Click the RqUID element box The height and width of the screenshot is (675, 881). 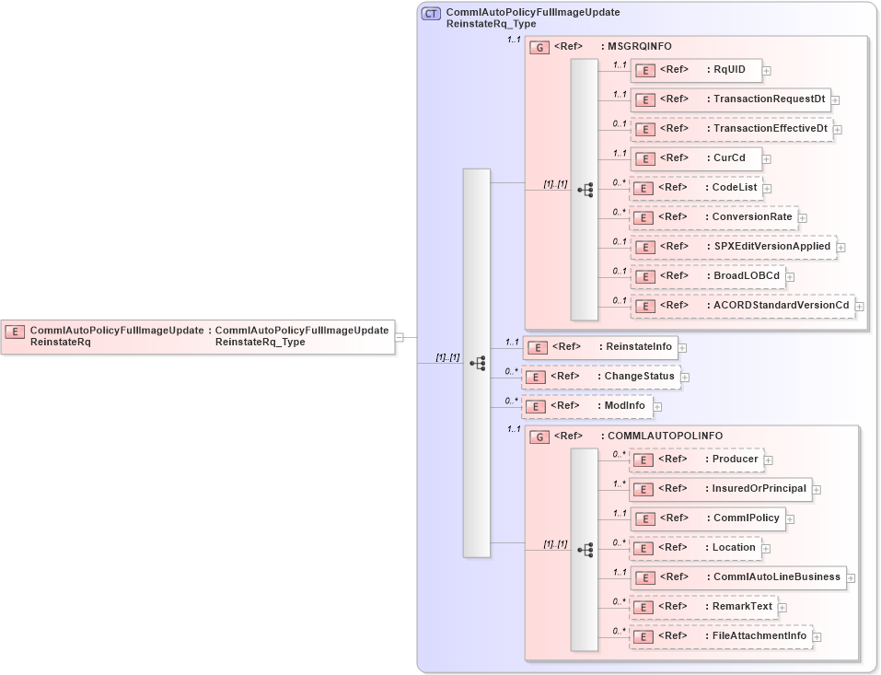click(695, 70)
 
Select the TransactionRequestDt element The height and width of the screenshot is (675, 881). click(730, 99)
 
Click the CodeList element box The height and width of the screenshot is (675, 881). click(695, 188)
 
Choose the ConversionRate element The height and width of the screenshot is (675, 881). click(713, 217)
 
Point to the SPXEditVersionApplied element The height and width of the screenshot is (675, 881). click(732, 247)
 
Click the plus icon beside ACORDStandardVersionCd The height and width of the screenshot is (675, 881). click(860, 306)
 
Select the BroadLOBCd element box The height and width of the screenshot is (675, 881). click(707, 276)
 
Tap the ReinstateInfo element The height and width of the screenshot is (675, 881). click(599, 347)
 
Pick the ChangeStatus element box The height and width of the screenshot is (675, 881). click(600, 377)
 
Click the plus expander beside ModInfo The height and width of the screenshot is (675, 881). click(658, 406)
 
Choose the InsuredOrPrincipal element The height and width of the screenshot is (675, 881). click(720, 489)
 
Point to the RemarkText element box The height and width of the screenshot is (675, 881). click(703, 607)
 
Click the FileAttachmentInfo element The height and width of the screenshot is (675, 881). click(720, 636)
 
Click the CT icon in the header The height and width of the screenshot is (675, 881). click(431, 13)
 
